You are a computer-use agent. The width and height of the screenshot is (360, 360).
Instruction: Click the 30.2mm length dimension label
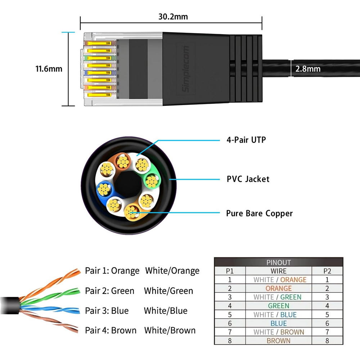coord(173,17)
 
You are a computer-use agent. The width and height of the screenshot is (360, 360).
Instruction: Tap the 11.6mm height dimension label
coord(49,69)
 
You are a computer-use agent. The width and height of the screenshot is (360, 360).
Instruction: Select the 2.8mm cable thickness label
coord(308,69)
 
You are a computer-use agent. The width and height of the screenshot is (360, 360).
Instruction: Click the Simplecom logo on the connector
coord(185,69)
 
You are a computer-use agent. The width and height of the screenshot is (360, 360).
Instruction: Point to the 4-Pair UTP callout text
coord(246,140)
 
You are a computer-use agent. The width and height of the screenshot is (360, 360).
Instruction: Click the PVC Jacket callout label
coord(248,179)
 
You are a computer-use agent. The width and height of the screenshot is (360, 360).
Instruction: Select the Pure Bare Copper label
coord(260,213)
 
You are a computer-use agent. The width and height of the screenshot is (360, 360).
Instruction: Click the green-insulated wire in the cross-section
coord(152,181)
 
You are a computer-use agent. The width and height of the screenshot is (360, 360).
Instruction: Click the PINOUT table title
coord(279,262)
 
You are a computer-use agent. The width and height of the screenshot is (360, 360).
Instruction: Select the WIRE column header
coord(279,271)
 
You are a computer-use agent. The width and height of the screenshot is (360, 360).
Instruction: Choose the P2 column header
coord(327,271)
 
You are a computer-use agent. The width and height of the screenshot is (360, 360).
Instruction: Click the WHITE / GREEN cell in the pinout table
coord(277,297)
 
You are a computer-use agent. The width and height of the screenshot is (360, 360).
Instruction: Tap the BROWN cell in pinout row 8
coord(279,341)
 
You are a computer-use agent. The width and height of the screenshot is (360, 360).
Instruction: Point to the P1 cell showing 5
coord(230,315)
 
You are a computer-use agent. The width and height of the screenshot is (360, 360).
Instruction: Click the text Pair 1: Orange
coord(112,271)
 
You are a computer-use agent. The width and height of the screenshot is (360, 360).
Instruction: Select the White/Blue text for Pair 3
coord(166,311)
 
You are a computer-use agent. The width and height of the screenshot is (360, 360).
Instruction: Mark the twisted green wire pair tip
coord(79,291)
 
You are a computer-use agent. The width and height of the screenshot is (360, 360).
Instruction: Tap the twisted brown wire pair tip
coord(76,330)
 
